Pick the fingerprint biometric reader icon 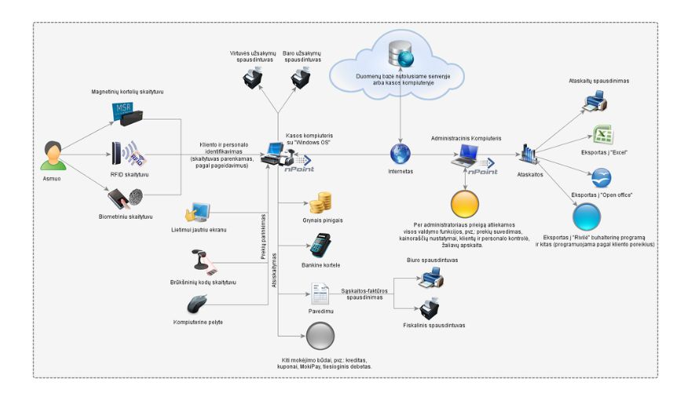(124, 196)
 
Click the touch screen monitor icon (197, 212)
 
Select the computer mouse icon (198, 304)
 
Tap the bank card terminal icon (320, 246)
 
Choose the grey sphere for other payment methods (319, 339)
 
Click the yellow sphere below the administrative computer (466, 205)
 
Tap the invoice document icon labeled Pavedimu (320, 293)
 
